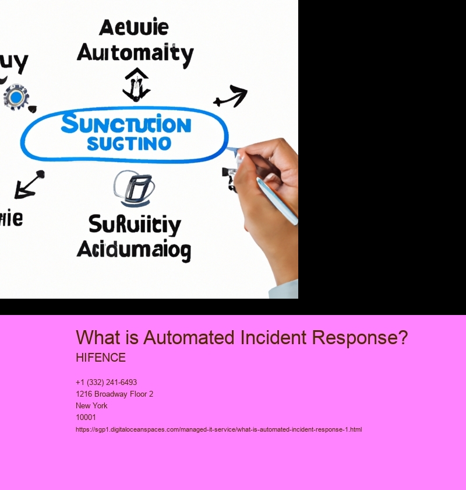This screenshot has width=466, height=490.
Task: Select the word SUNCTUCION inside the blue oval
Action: pos(125,124)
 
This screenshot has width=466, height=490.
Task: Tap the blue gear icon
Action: pos(16,97)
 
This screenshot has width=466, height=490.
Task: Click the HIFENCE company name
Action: pos(101,358)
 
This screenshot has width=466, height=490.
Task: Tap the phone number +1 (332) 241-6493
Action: pos(107,383)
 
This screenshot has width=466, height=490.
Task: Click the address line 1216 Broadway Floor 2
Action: pos(114,394)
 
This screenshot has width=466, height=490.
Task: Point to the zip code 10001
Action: pos(86,418)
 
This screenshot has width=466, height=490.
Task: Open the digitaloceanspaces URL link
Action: pos(218,429)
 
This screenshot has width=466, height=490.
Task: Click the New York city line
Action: pos(91,406)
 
